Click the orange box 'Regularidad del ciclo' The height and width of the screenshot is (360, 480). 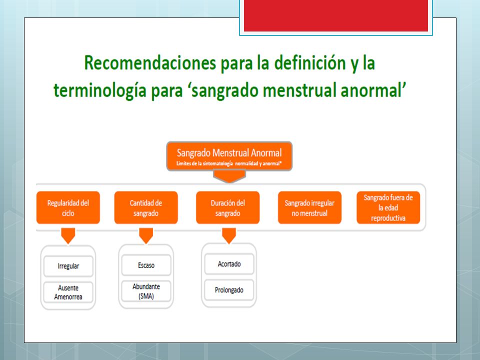(x=68, y=207)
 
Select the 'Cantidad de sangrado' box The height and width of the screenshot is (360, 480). (x=146, y=207)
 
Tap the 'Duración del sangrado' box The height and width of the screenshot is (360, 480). (x=228, y=207)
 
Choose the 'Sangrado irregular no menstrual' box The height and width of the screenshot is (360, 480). (x=309, y=207)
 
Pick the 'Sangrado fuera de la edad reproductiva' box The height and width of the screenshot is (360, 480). (x=388, y=207)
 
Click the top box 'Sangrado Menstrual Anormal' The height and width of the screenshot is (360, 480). (x=229, y=156)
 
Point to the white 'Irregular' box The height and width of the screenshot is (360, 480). (x=68, y=266)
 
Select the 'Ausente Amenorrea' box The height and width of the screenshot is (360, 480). (x=68, y=292)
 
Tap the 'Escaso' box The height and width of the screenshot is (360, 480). (x=146, y=265)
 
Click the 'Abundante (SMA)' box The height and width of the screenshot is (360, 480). (x=146, y=291)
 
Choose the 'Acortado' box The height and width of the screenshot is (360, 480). (x=229, y=264)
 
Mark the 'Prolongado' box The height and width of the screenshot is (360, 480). (x=229, y=290)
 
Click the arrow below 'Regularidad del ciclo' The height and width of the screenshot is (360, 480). (x=68, y=235)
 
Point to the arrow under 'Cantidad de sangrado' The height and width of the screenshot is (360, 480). (x=146, y=235)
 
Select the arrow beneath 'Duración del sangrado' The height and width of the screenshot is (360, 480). (x=229, y=235)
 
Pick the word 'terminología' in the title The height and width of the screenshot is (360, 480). (x=100, y=91)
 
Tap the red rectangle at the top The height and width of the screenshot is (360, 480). (x=336, y=15)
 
